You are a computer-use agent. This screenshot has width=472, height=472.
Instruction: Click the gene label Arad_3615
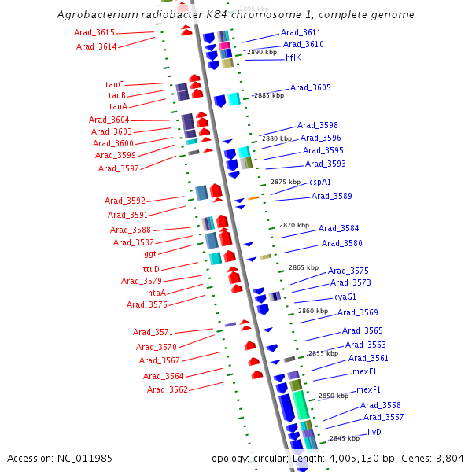(95, 32)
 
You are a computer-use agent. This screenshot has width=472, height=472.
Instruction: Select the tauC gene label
(114, 84)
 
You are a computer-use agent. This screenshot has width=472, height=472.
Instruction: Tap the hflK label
(293, 57)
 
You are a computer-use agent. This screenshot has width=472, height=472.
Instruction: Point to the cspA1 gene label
(319, 182)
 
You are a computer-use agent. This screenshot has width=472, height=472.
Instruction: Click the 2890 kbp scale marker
(261, 52)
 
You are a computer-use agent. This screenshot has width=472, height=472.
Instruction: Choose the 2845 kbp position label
(343, 438)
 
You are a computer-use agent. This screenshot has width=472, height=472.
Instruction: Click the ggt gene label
(149, 254)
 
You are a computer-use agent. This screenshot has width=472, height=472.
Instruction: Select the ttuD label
(150, 269)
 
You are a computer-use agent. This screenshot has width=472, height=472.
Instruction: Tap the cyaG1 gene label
(345, 297)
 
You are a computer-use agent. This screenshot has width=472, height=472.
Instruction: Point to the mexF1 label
(368, 389)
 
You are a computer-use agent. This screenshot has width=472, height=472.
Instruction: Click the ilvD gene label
(374, 433)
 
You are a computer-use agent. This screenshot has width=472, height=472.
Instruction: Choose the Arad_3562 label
(167, 389)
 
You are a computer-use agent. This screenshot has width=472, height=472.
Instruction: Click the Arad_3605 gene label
(311, 87)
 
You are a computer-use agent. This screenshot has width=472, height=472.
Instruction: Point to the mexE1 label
(364, 371)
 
